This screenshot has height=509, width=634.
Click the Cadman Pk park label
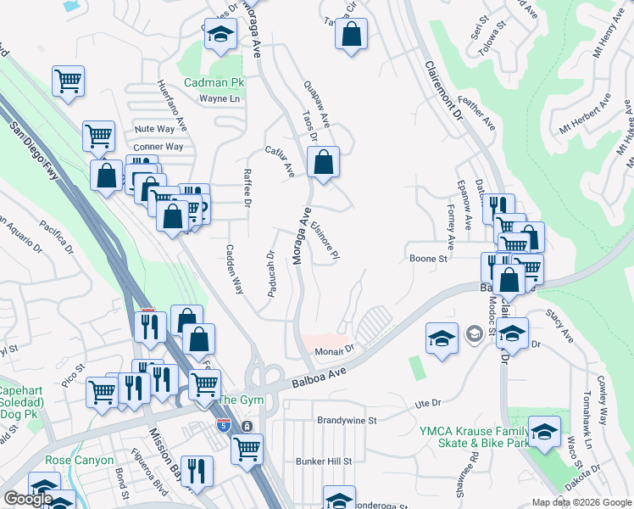(x=214, y=83)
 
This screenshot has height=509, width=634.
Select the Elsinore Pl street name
(x=325, y=241)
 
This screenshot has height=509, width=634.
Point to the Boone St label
(x=428, y=259)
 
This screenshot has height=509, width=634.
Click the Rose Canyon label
(x=79, y=460)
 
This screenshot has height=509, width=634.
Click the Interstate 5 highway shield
(x=224, y=425)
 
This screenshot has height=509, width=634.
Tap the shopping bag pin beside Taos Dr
(x=323, y=162)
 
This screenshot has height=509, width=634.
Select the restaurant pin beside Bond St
(x=197, y=471)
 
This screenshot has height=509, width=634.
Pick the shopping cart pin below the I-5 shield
(x=247, y=448)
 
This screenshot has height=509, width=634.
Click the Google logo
(x=28, y=499)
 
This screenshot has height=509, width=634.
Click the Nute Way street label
(x=154, y=129)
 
